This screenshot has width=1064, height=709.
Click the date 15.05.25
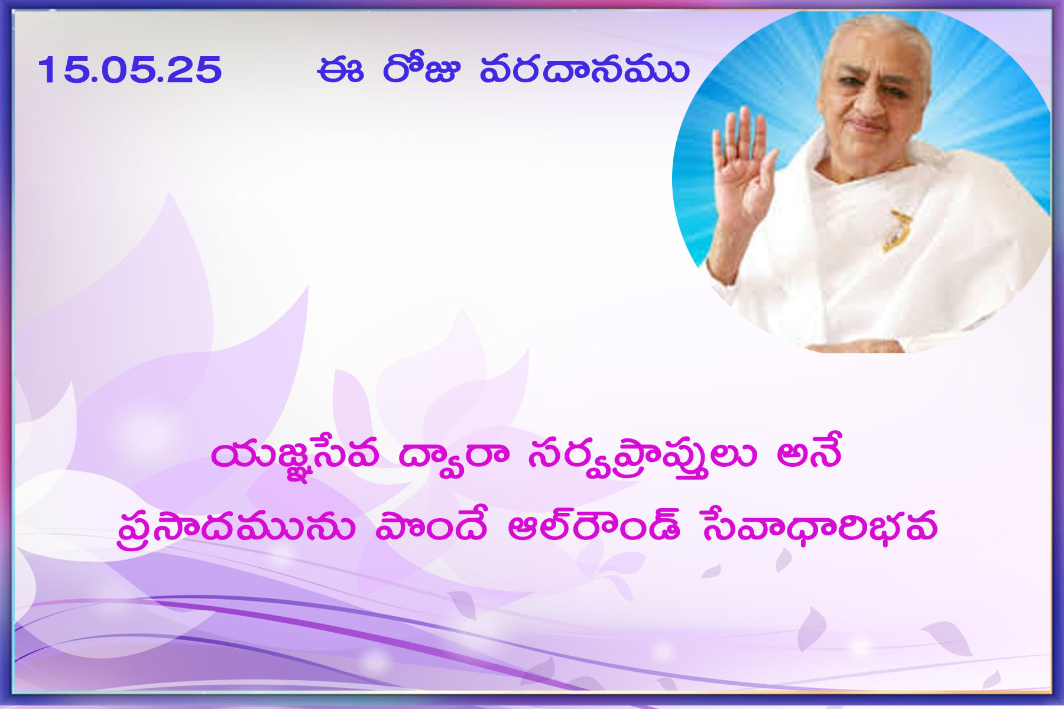[x=130, y=70]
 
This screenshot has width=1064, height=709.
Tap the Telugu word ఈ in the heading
[x=340, y=70]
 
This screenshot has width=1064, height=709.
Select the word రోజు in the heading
[x=421, y=69]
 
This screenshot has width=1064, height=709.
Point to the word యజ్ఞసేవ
[x=294, y=457]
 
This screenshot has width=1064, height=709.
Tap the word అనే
[x=809, y=453]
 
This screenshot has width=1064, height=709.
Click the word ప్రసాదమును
[x=236, y=526]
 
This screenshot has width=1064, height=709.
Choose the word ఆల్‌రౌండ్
[x=594, y=523]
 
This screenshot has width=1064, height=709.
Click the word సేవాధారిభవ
[x=819, y=525]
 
